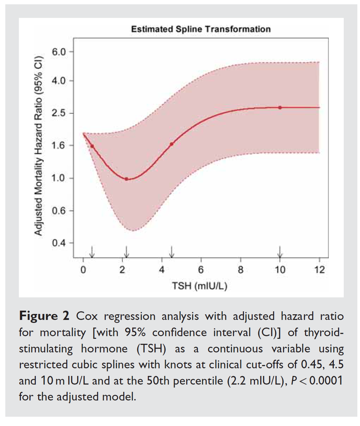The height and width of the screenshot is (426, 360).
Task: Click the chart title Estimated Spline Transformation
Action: (x=201, y=29)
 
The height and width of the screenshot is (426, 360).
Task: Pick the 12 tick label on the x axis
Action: (x=319, y=270)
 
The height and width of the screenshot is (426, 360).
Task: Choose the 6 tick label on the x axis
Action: (x=201, y=270)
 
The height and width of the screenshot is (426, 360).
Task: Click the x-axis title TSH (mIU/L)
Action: (x=200, y=286)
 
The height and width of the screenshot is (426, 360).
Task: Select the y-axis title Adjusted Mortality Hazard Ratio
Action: (x=39, y=146)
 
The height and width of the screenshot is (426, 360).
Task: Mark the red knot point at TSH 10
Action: (x=280, y=107)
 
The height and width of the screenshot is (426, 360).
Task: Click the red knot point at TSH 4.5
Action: (x=172, y=144)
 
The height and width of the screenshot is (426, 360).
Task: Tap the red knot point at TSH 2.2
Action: (x=126, y=179)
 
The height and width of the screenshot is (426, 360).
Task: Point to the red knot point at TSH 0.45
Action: (x=92, y=146)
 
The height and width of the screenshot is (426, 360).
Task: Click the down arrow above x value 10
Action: (x=280, y=252)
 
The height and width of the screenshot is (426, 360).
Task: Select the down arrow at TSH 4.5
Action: (x=172, y=252)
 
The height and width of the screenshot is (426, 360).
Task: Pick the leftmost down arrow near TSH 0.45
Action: (x=92, y=252)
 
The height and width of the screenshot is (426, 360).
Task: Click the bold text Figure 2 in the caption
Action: (x=44, y=316)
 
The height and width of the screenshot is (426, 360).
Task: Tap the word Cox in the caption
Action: (x=87, y=316)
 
